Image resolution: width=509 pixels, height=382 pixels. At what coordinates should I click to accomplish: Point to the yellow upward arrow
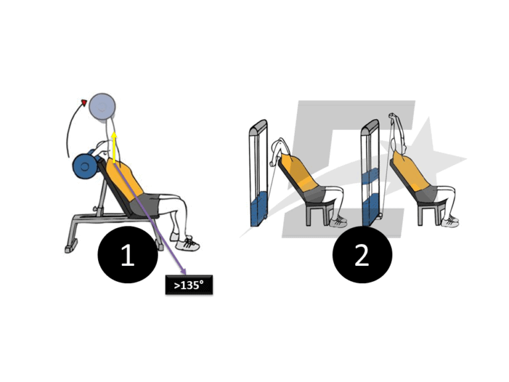[113, 147]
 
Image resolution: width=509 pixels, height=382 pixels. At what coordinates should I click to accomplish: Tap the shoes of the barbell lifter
[186, 244]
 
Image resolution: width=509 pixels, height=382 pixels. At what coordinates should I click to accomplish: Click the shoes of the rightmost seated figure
[450, 222]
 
